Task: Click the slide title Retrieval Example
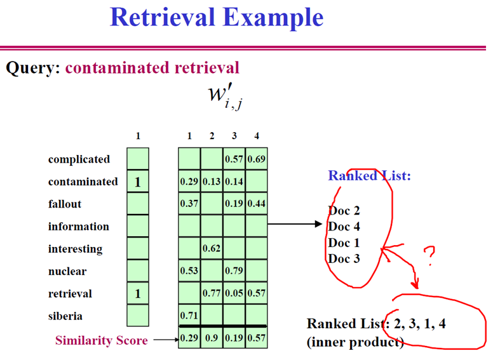(216, 17)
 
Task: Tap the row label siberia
(65, 316)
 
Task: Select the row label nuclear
(67, 271)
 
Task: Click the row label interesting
(75, 249)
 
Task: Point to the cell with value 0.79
(234, 272)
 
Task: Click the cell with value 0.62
(212, 249)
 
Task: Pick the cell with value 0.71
(189, 316)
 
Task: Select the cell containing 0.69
(256, 159)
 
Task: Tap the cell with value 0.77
(212, 294)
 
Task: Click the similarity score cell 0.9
(212, 338)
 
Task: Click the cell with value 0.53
(189, 272)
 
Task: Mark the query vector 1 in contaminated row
(137, 182)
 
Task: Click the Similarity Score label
(101, 340)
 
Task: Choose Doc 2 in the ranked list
(344, 211)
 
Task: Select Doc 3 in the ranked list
(344, 258)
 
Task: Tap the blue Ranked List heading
(369, 176)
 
